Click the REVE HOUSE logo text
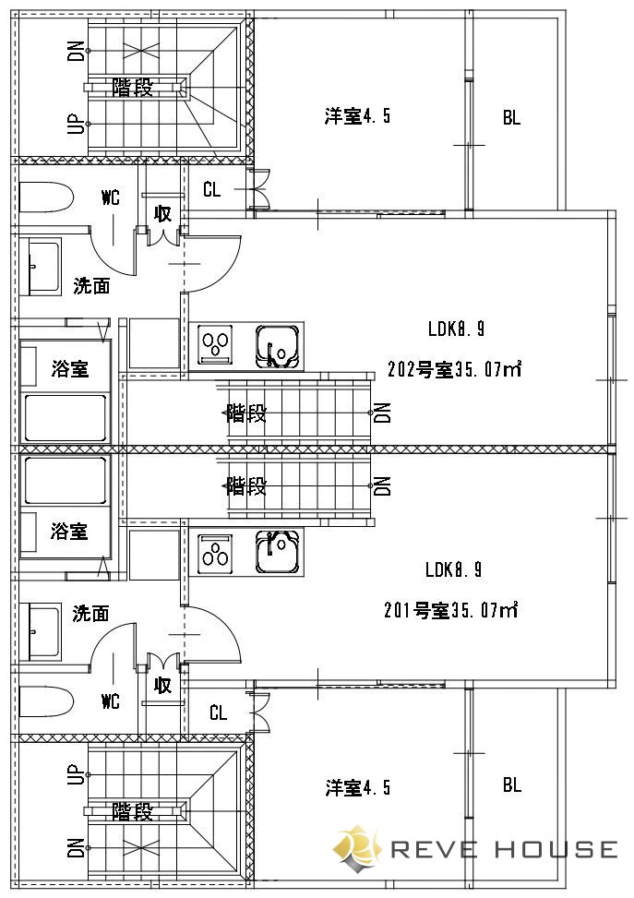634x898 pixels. (x=503, y=849)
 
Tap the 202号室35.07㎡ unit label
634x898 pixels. (x=455, y=370)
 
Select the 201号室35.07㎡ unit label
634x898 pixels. (x=450, y=610)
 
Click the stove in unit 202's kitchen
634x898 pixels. (x=216, y=344)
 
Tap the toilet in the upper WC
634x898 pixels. (x=46, y=197)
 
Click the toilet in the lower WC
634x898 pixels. (x=46, y=700)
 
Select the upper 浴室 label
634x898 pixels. (x=69, y=369)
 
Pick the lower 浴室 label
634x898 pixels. (x=69, y=531)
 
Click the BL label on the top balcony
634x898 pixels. (x=511, y=118)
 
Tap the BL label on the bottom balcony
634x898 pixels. (x=511, y=785)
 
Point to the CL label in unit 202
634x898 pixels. (x=211, y=191)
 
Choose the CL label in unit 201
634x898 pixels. (x=218, y=712)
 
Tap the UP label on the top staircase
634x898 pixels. (x=77, y=124)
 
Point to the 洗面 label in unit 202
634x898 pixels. (x=91, y=286)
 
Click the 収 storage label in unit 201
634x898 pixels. (x=162, y=685)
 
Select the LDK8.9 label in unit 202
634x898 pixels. (x=455, y=329)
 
